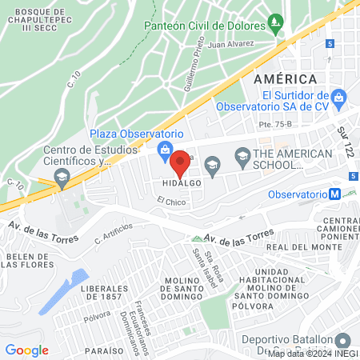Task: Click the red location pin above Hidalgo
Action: (x=181, y=162)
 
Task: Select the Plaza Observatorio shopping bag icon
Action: (x=165, y=148)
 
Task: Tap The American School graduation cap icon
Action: (x=212, y=164)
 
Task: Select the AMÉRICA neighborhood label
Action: (x=286, y=78)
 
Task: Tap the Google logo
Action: (x=26, y=350)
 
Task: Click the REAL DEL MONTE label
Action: (x=298, y=248)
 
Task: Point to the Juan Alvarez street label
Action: (x=230, y=45)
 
